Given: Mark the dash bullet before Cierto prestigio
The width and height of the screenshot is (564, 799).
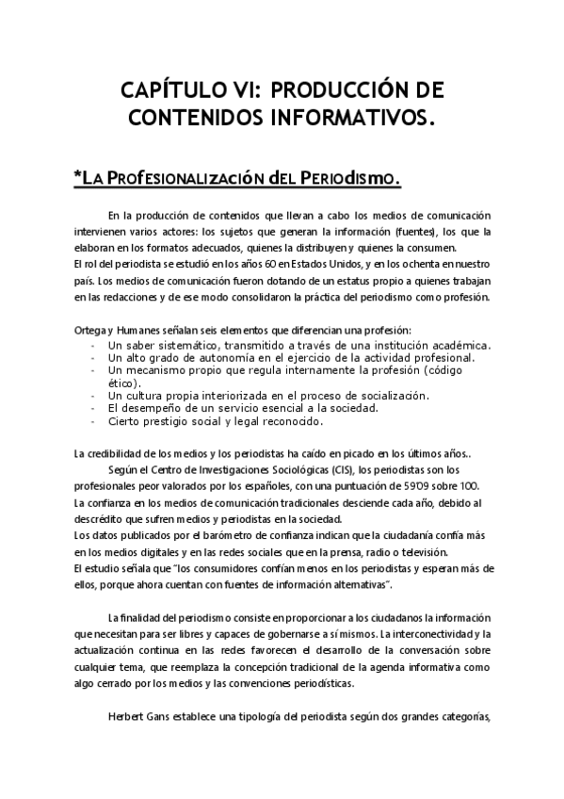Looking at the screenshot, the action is click(x=91, y=421).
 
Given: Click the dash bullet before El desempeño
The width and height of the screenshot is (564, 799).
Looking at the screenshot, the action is click(x=91, y=408).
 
